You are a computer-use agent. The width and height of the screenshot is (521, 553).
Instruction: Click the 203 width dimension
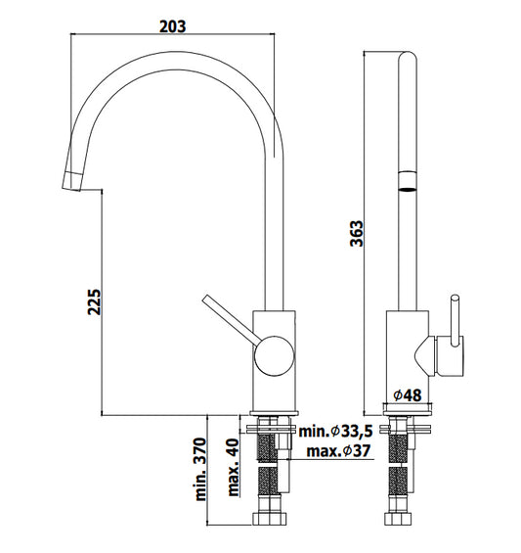(172, 26)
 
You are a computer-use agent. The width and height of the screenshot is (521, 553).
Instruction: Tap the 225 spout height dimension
(95, 301)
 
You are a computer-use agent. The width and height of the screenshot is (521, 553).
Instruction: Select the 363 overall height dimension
(357, 234)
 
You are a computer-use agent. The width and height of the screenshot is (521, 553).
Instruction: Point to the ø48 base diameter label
(408, 395)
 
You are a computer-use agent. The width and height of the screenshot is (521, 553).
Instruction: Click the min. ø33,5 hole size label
(335, 431)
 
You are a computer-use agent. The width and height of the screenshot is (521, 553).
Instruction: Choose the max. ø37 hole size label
(338, 451)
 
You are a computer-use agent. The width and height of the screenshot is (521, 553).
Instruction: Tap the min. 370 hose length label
(200, 469)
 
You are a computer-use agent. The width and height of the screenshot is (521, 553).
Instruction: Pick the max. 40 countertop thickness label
(234, 467)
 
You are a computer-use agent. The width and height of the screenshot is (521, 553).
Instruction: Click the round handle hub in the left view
(275, 355)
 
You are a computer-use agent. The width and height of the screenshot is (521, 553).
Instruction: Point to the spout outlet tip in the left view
(71, 180)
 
